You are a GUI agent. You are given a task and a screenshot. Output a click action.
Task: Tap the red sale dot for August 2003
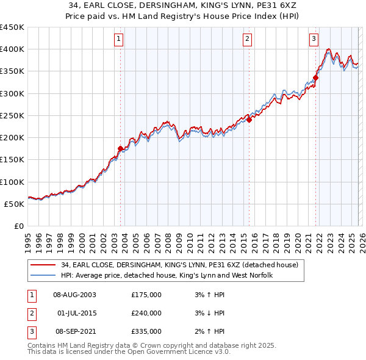(120, 148)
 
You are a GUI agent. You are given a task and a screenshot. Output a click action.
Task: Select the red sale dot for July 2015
(249, 120)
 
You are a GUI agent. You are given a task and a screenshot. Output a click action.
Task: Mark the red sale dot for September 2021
(316, 77)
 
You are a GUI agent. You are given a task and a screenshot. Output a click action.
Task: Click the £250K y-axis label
(12, 115)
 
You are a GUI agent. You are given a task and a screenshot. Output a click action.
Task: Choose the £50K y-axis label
(14, 204)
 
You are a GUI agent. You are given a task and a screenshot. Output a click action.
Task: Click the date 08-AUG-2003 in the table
(75, 295)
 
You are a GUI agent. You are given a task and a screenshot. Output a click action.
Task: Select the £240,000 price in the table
(146, 313)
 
